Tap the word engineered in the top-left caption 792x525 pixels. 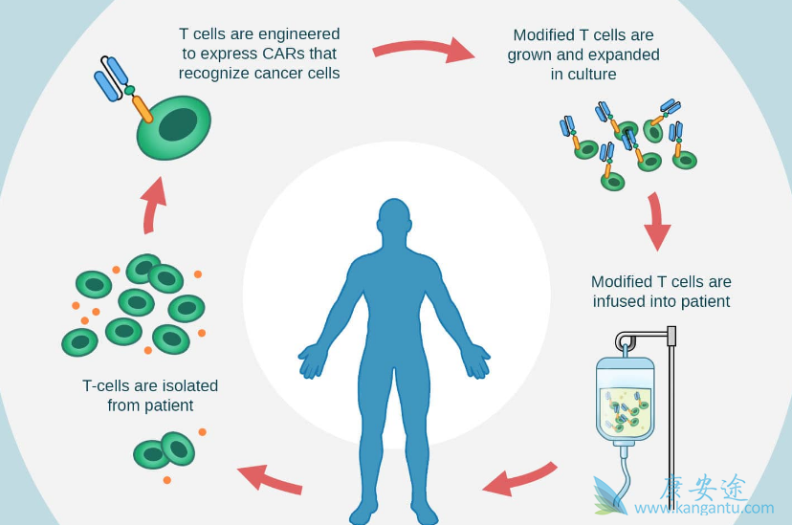tap(296, 33)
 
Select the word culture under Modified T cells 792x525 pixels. tap(583, 75)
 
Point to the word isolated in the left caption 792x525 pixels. tap(184, 386)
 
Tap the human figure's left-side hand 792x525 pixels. tap(314, 361)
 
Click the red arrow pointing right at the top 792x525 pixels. tap(423, 49)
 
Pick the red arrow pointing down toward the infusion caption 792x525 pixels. tap(656, 223)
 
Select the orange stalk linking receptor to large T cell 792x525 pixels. tap(142, 108)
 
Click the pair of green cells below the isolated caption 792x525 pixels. tap(165, 450)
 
